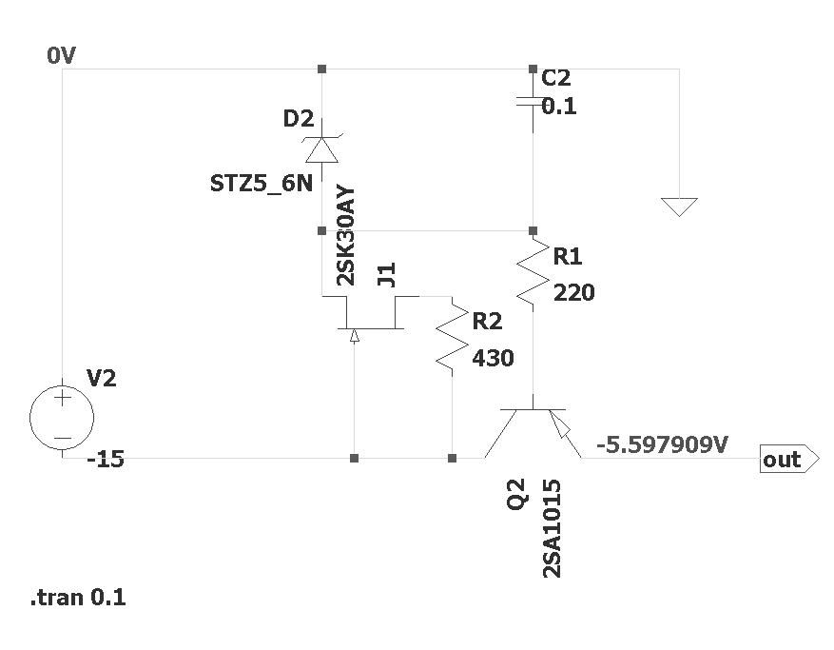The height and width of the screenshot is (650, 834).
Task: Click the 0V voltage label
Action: pyautogui.click(x=61, y=56)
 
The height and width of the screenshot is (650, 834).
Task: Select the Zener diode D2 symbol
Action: pyautogui.click(x=321, y=150)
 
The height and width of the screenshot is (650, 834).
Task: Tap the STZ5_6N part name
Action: pyautogui.click(x=261, y=183)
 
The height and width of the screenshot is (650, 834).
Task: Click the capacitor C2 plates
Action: pyautogui.click(x=533, y=101)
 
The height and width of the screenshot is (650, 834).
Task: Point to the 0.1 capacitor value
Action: pyautogui.click(x=559, y=108)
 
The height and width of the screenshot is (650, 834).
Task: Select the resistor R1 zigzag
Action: pyautogui.click(x=533, y=272)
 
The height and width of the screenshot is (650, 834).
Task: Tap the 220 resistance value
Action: pyautogui.click(x=573, y=293)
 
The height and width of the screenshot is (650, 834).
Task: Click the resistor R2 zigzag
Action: pyautogui.click(x=452, y=337)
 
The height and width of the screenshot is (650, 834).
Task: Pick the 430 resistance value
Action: pyautogui.click(x=493, y=359)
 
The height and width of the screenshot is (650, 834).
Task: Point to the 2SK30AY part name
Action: pyautogui.click(x=346, y=236)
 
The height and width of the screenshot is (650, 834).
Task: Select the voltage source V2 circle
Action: pyautogui.click(x=62, y=416)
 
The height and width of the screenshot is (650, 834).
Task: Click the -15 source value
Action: pyautogui.click(x=105, y=459)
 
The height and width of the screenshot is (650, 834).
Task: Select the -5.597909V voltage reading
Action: pyautogui.click(x=662, y=443)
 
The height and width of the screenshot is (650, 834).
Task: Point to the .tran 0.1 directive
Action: pyautogui.click(x=78, y=599)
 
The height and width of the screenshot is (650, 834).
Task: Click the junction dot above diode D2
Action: pyautogui.click(x=321, y=69)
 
